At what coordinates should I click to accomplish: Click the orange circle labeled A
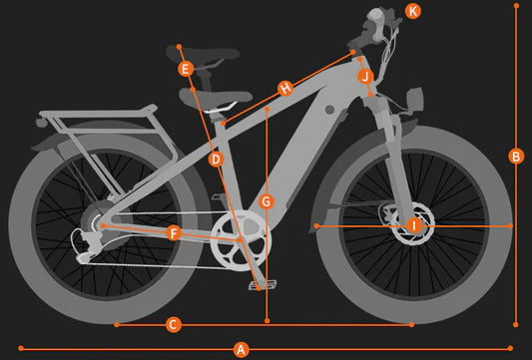click(241, 349)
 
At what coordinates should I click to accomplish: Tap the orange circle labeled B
click(516, 157)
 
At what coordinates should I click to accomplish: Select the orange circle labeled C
click(174, 325)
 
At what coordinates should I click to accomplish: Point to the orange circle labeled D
click(217, 160)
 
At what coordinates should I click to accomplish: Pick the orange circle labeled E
click(186, 69)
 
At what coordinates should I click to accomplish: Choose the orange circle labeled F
click(174, 233)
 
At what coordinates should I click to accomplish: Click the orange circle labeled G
click(266, 202)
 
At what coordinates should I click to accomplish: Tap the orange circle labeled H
click(285, 89)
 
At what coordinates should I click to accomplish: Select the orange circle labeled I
click(414, 225)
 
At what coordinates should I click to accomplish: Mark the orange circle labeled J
click(365, 77)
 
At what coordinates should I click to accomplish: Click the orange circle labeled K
click(413, 12)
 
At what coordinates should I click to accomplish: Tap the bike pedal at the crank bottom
click(263, 285)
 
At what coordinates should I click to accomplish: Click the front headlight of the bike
click(415, 99)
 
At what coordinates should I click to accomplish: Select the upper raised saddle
click(203, 54)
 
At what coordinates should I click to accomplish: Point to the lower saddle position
click(216, 97)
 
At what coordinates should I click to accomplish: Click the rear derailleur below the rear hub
click(85, 245)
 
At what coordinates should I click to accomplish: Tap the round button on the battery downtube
click(329, 110)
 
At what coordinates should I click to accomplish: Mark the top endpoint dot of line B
click(516, 5)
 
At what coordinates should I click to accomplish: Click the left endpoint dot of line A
click(21, 348)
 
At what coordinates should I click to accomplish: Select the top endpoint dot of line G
click(267, 109)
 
